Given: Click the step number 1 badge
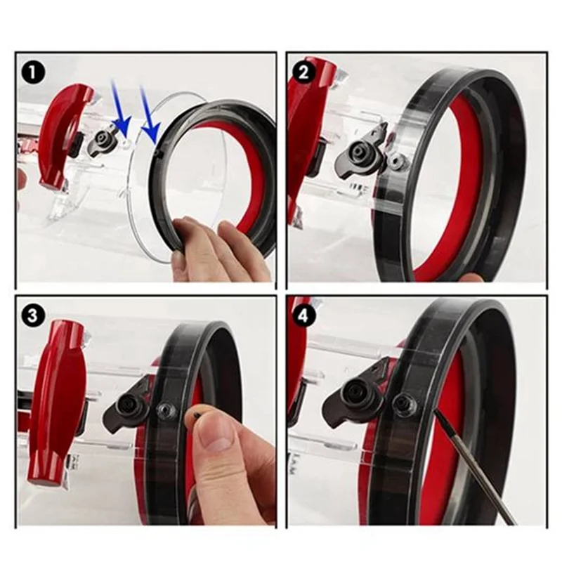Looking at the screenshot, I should pyautogui.click(x=32, y=72).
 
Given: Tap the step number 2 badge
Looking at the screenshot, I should pyautogui.click(x=305, y=72).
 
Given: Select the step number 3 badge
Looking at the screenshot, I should pyautogui.click(x=32, y=315).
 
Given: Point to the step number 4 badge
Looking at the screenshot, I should pyautogui.click(x=305, y=315).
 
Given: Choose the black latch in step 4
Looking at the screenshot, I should pyautogui.click(x=358, y=400).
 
